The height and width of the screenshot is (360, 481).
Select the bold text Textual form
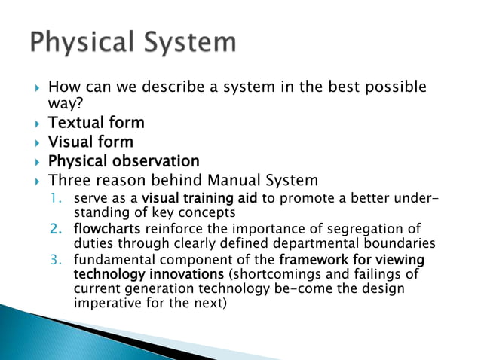[x=96, y=122]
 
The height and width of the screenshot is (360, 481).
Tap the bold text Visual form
[x=90, y=142]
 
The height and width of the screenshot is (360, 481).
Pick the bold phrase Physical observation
[x=124, y=161]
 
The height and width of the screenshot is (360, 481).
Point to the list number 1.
[x=57, y=199]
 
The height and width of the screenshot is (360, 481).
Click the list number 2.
[x=57, y=229]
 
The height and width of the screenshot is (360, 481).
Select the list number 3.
[x=57, y=260]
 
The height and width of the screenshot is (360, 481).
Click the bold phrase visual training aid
[x=195, y=199]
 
